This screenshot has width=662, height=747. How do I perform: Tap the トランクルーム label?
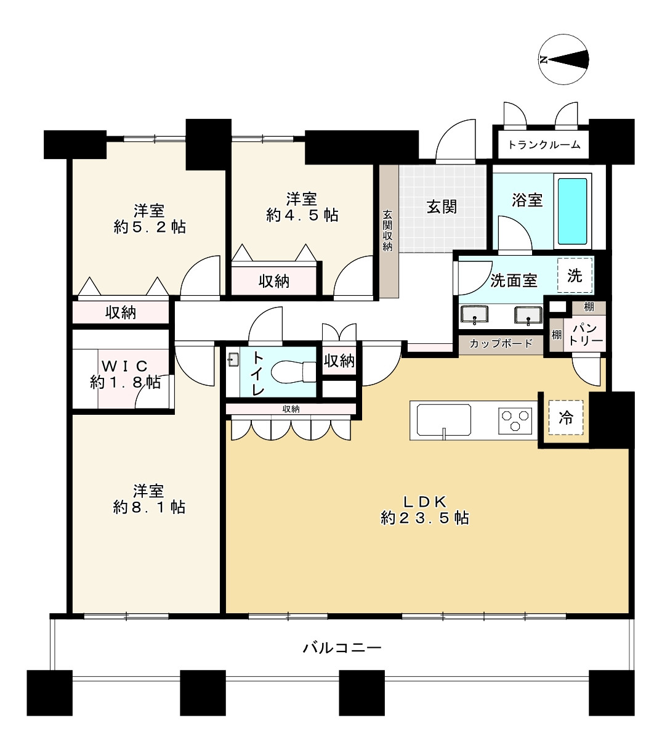pyautogui.click(x=544, y=145)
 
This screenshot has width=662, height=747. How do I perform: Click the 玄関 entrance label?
pyautogui.click(x=442, y=206)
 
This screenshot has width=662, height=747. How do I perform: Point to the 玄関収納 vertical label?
pyautogui.click(x=387, y=231)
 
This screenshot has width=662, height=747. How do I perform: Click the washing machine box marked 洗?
pyautogui.click(x=575, y=276)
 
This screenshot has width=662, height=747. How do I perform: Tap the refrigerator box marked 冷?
pyautogui.click(x=565, y=418)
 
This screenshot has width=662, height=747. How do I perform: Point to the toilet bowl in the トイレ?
pyautogui.click(x=293, y=372)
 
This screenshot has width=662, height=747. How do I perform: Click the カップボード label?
pyautogui.click(x=501, y=344)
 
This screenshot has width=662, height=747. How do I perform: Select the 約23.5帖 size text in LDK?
pyautogui.click(x=425, y=518)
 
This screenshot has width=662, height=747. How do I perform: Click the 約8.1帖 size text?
pyautogui.click(x=149, y=507)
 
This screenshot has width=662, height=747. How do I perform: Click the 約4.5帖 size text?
pyautogui.click(x=302, y=215)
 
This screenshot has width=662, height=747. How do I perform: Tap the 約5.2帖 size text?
pyautogui.click(x=149, y=227)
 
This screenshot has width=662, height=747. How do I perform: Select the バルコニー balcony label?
pyautogui.click(x=342, y=648)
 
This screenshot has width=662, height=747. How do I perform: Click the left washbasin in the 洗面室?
pyautogui.click(x=474, y=315)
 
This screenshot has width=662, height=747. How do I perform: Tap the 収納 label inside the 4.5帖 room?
pyautogui.click(x=274, y=282)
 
